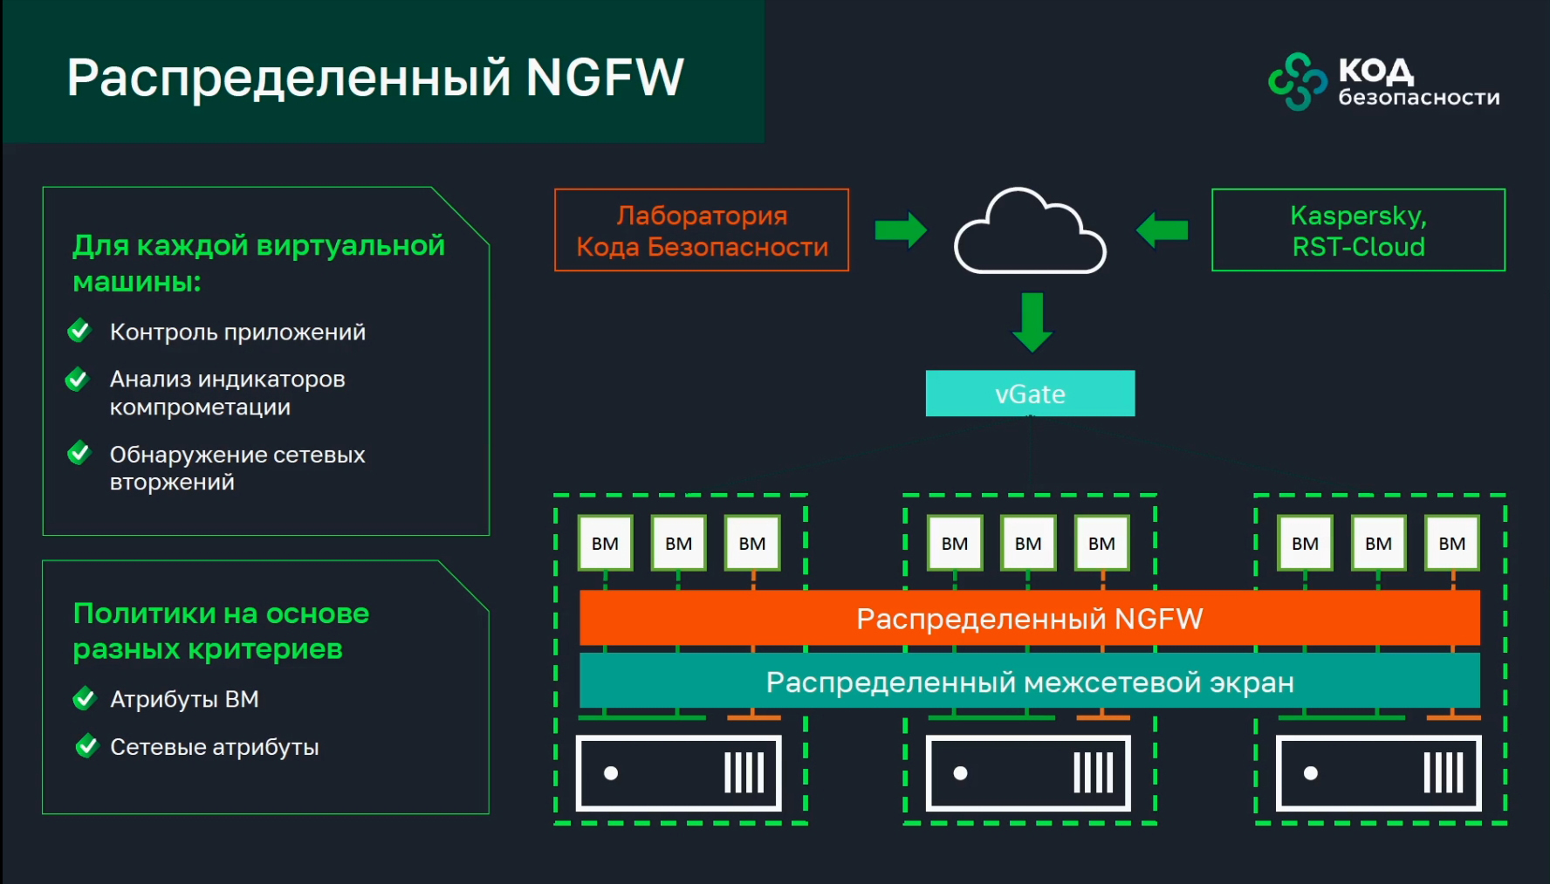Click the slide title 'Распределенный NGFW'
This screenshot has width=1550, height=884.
[375, 77]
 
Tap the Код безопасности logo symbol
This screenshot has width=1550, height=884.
[1297, 81]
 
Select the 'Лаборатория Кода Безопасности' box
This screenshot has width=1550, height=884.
[702, 230]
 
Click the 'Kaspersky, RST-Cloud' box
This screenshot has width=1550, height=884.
[1358, 230]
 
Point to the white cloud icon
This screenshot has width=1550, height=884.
[1030, 234]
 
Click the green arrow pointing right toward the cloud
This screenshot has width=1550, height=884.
[901, 230]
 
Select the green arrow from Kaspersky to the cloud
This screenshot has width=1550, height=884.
[1162, 230]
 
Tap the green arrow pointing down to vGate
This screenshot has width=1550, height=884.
[1032, 322]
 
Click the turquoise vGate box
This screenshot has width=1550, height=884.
[1030, 394]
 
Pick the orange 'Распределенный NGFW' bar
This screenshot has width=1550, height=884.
[1030, 619]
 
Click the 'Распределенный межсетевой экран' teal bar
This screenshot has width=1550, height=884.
[1030, 682]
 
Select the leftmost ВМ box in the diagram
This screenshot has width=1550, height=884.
[605, 543]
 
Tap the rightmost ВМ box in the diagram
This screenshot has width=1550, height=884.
[1451, 543]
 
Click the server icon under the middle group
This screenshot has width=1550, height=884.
[1028, 773]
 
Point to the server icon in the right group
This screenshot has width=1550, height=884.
[1378, 773]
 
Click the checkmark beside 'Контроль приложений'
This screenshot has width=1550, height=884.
[79, 331]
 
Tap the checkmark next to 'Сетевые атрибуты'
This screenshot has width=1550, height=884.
[86, 746]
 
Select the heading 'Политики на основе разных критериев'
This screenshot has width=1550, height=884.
[221, 631]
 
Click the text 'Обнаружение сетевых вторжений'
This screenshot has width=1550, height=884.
[237, 468]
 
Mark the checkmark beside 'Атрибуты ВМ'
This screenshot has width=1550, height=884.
[85, 699]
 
